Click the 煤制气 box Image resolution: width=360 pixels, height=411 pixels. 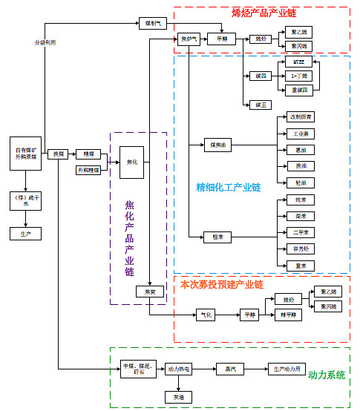pos(153,23)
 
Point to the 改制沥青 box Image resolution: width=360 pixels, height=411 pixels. pos(299,117)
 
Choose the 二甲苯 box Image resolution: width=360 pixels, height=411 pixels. pos(299,233)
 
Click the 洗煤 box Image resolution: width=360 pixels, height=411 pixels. pos(59,154)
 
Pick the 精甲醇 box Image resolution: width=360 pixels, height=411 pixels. pos(288,315)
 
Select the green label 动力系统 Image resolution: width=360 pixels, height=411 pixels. pos(327,375)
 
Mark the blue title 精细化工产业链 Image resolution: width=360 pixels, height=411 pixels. pos(228,186)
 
